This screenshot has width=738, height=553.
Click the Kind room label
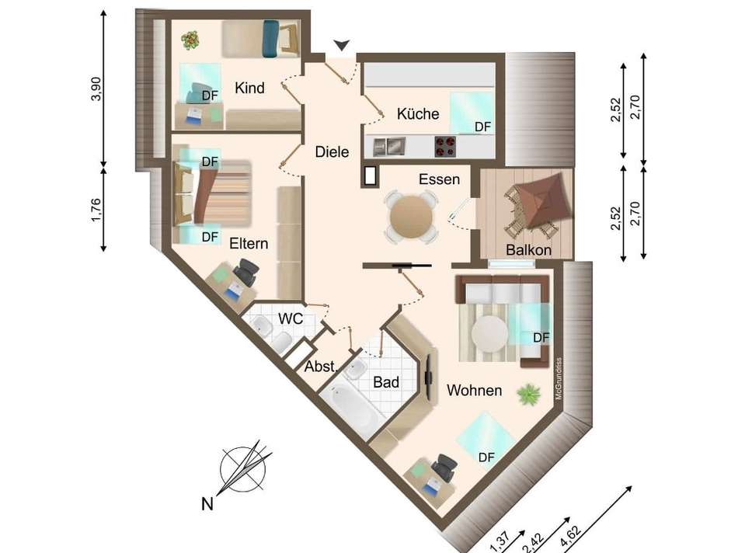tap(249, 88)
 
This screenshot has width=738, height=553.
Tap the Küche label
tap(418, 113)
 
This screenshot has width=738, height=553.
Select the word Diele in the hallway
tap(332, 152)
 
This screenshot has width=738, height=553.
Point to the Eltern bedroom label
tap(249, 243)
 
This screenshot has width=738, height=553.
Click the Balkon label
tap(528, 249)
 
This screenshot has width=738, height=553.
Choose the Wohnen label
tap(475, 390)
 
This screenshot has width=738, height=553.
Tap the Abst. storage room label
tap(321, 366)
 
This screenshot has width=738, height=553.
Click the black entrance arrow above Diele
tap(342, 45)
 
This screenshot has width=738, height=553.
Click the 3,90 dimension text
tap(96, 89)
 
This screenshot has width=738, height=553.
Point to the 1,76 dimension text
tap(96, 210)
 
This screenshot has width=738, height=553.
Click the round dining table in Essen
tap(412, 217)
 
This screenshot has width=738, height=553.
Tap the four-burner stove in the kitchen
tap(445, 146)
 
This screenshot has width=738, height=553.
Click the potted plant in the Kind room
tap(190, 40)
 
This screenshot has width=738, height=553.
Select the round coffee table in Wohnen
tap(490, 334)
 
